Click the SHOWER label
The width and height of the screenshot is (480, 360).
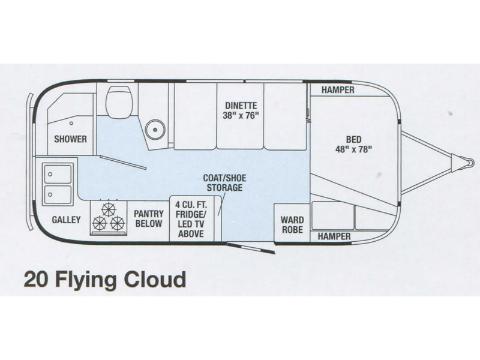[x=71, y=139]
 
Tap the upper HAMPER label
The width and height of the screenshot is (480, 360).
[x=337, y=90]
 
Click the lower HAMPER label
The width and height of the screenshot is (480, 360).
[x=334, y=236]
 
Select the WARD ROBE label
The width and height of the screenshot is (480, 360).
[x=292, y=224]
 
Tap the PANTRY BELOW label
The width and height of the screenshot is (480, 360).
[x=148, y=218]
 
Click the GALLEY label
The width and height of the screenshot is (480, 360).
[x=66, y=220]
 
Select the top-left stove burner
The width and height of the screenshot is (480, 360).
[x=109, y=209]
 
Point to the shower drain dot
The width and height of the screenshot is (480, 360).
[x=71, y=122]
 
